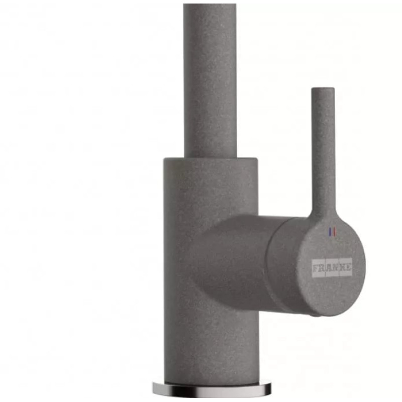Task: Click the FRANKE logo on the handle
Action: click(x=332, y=268)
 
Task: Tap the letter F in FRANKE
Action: click(x=316, y=268)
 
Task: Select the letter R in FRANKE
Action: click(x=322, y=268)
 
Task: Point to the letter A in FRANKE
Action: click(x=329, y=268)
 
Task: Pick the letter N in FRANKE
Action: click(x=336, y=268)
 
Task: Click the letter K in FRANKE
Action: click(x=342, y=268)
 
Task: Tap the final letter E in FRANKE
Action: click(x=348, y=268)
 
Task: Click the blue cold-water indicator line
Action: click(x=330, y=232)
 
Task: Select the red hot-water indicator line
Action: click(x=334, y=232)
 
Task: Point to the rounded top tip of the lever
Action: click(x=323, y=88)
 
